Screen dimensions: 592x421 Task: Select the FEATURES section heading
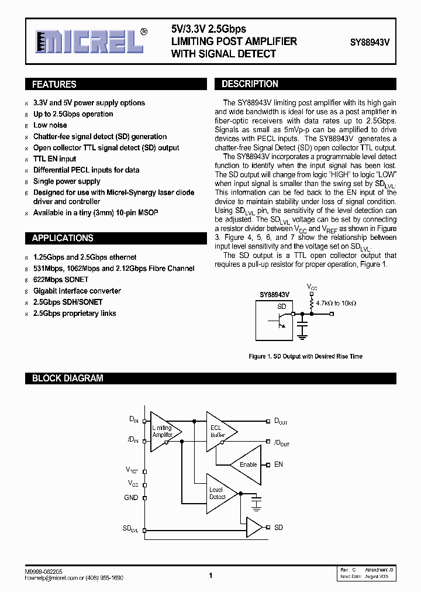[x=54, y=84]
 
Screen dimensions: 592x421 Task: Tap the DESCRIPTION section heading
[x=250, y=84]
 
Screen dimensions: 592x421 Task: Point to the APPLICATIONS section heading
[x=63, y=238]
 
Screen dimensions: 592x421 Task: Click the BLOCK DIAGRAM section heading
[x=68, y=378]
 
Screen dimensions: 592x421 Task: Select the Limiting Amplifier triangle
[x=162, y=432]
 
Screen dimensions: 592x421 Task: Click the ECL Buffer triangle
[x=219, y=431]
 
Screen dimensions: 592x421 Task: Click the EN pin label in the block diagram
[x=278, y=464]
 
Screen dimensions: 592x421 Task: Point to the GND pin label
[x=131, y=498]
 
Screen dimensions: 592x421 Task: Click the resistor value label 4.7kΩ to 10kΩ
[x=336, y=304]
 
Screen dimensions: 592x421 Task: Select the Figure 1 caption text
[x=305, y=356]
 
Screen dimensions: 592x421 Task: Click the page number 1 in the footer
[x=210, y=576]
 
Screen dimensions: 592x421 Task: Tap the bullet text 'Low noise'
[x=50, y=125]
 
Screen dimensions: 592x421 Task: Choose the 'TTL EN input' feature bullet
[x=54, y=159]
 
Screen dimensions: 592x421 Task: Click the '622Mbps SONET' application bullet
[x=61, y=280]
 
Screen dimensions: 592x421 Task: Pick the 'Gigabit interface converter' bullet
[x=77, y=291]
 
